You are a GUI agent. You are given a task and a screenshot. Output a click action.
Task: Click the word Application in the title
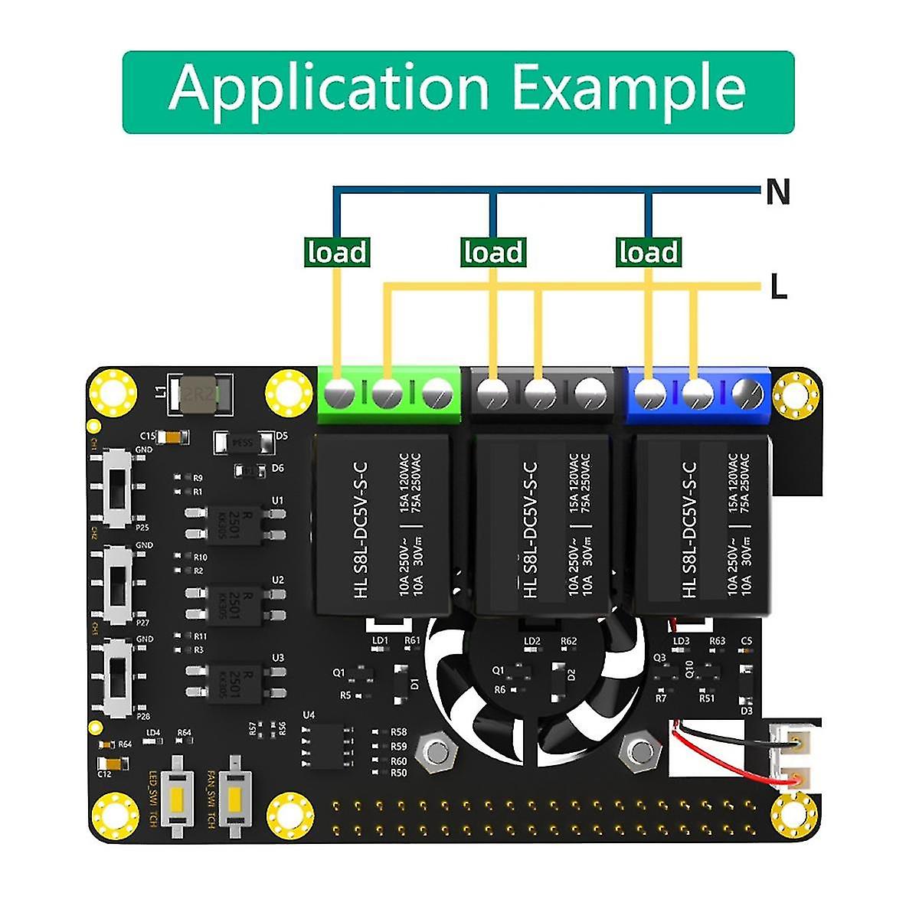tap(329, 90)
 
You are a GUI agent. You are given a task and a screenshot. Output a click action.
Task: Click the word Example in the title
tap(628, 90)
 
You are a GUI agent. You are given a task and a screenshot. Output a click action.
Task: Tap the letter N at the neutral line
tap(777, 191)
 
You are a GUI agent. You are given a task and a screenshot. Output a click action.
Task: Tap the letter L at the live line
tap(778, 288)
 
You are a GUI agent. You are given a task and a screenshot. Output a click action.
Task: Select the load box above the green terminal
tap(337, 252)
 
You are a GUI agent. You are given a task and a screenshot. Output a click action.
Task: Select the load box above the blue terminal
tap(649, 252)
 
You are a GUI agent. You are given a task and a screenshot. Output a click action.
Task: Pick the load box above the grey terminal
tap(493, 252)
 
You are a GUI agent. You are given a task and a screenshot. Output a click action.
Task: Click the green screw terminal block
tap(388, 394)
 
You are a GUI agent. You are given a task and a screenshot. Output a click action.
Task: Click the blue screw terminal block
tap(698, 394)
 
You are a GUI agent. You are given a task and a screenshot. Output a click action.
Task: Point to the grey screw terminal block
tap(541, 394)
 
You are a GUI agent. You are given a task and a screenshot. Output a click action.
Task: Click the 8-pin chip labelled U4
tap(328, 745)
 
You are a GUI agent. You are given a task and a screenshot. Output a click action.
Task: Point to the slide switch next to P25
tap(116, 488)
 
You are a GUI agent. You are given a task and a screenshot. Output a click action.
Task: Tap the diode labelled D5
tap(243, 442)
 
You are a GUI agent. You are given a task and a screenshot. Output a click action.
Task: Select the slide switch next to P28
tap(116, 678)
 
